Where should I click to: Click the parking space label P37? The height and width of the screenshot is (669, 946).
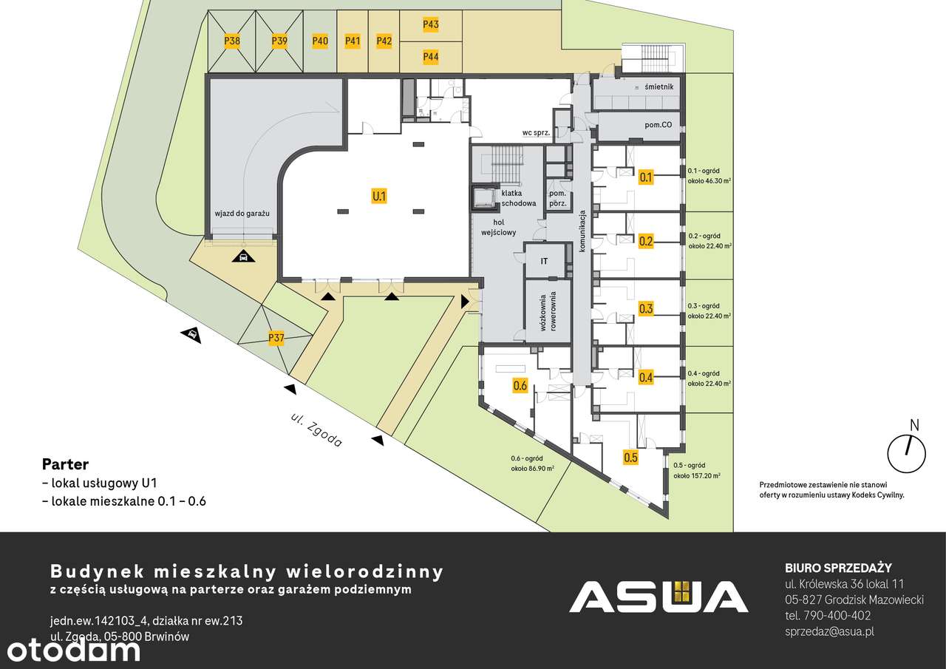pos(276,338)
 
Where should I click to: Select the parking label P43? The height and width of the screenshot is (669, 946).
pos(431,24)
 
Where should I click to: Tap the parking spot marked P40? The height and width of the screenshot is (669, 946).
pos(320,41)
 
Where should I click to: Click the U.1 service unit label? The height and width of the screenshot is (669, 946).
pos(379,197)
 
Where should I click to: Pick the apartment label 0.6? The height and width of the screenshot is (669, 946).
pos(520,385)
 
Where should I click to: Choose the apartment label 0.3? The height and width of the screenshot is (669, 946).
pos(646,309)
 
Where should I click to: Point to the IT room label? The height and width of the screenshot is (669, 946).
pos(544,262)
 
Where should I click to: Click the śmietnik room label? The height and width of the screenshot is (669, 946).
pos(659,86)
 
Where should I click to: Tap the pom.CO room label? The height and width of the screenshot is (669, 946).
pos(658,125)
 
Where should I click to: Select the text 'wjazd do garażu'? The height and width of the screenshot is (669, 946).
pos(242,214)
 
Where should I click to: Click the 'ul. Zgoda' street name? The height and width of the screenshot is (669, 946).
pos(316,430)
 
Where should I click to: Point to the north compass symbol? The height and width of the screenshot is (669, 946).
pos(907,449)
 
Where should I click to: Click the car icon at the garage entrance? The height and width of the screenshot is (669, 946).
pos(243,256)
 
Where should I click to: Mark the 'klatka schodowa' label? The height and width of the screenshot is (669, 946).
pos(519,198)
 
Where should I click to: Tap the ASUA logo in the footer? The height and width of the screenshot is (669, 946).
pos(659,597)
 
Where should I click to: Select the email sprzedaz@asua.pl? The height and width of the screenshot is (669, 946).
pos(829,632)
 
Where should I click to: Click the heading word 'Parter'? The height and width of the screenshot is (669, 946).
pos(66,464)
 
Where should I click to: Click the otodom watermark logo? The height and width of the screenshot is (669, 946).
pos(73,651)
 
